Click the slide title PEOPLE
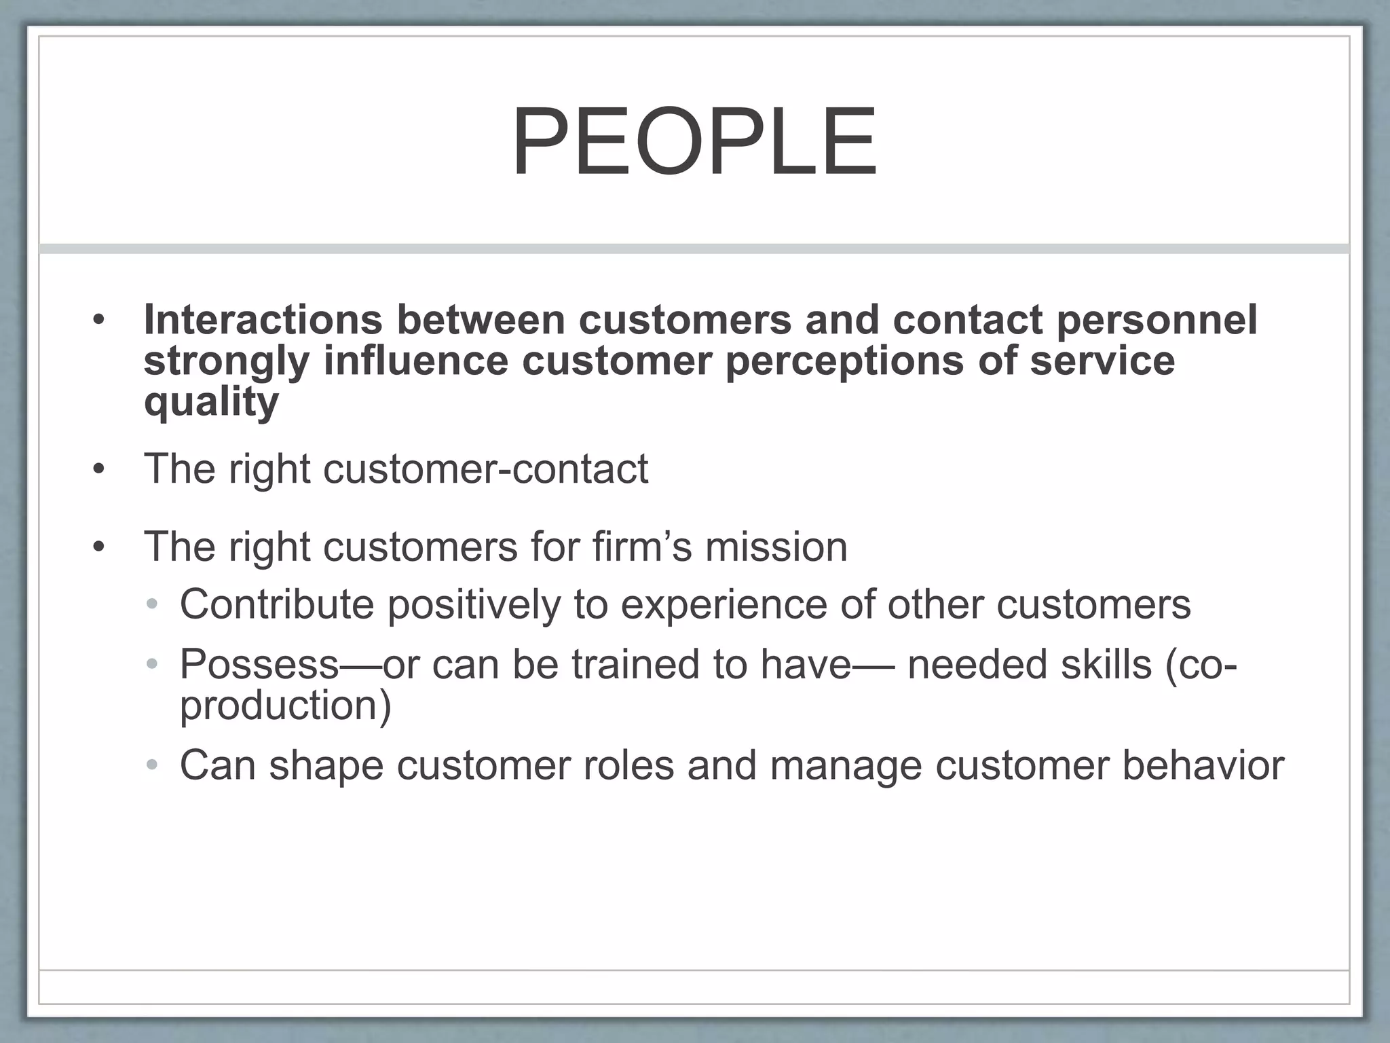click(694, 143)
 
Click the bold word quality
click(211, 402)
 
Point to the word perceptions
click(844, 361)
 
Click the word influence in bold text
click(415, 361)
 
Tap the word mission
click(776, 547)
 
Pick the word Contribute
click(276, 604)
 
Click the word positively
click(474, 604)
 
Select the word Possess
click(259, 664)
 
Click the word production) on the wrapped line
click(285, 706)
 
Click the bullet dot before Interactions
click(99, 321)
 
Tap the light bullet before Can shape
click(153, 766)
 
